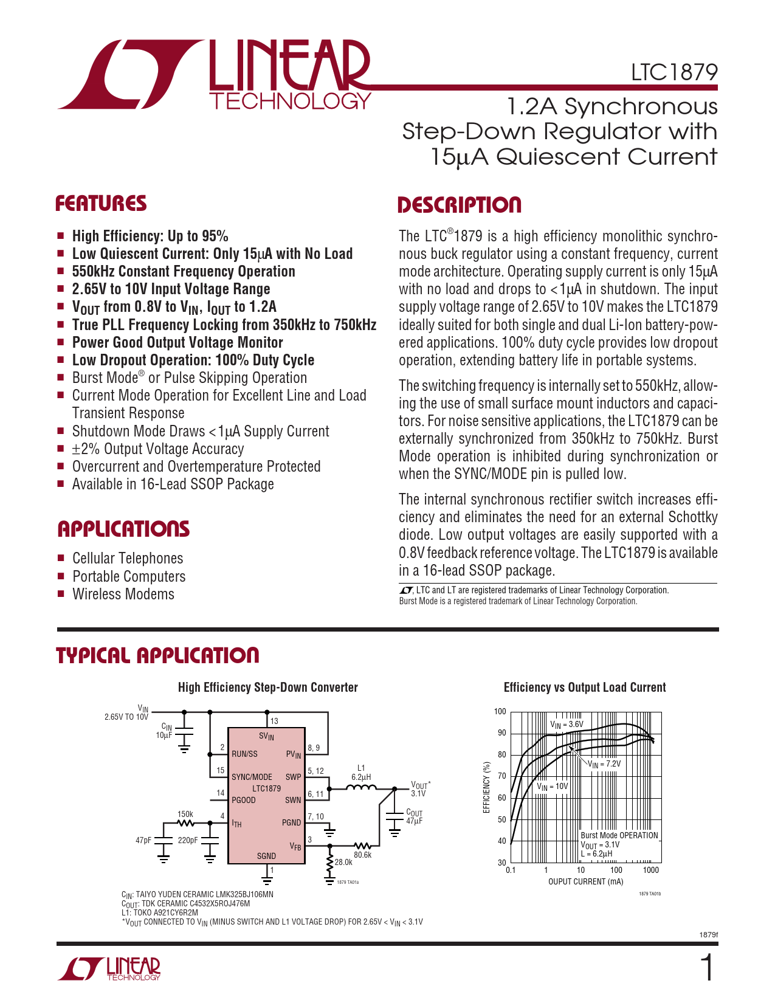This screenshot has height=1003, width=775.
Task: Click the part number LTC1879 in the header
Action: pos(674,72)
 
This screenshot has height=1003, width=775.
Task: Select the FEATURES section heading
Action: pos(101,204)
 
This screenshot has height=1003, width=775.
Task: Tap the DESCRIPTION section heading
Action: pos(460,205)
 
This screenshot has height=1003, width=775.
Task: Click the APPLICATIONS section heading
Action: pos(123,529)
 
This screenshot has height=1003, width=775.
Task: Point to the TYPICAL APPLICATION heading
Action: pos(157,655)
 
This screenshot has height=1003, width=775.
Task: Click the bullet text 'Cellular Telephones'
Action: pos(128,558)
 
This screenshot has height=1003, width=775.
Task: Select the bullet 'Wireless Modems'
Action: pos(123,594)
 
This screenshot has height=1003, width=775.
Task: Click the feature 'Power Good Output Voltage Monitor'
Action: pos(177,342)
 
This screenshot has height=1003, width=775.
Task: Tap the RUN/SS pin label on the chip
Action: pos(244,754)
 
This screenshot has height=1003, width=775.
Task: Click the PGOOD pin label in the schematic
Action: pos(244,800)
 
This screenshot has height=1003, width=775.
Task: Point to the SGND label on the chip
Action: pos(266,856)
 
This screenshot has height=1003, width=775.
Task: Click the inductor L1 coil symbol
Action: pos(361,788)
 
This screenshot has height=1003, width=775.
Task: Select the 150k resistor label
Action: pos(185,814)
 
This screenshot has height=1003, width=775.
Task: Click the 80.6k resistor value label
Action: pos(363,855)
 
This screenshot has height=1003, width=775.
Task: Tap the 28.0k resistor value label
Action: pos(343,862)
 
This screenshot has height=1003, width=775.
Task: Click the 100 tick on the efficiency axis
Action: pos(500,712)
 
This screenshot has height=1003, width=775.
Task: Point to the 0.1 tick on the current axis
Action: pos(511,870)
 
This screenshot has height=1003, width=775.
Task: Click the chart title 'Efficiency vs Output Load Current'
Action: pos(585,688)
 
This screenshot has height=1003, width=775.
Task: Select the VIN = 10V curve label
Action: pos(552,786)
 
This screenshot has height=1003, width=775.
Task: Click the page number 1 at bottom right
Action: pos(707,968)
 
